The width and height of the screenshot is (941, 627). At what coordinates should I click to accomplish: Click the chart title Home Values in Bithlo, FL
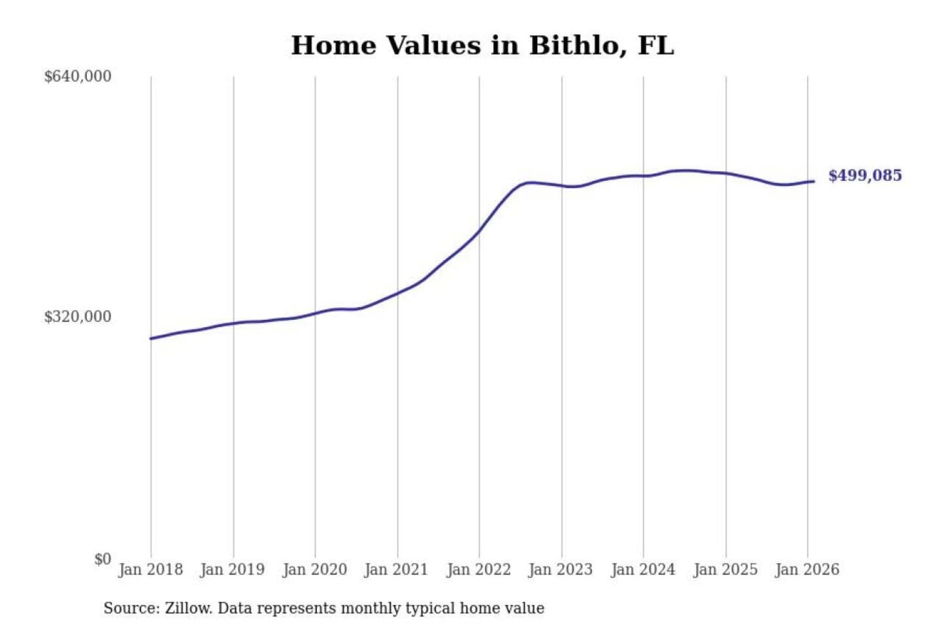pos(482,46)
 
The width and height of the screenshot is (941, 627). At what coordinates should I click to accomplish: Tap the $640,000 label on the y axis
pos(78,76)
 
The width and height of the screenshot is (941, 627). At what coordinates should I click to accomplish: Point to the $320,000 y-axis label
pos(78,317)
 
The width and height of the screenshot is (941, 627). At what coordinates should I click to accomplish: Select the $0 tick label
pos(103,559)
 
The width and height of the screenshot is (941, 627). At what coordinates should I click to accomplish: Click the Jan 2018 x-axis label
pos(150,570)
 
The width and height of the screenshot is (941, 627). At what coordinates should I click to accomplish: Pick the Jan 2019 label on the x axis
pos(233,570)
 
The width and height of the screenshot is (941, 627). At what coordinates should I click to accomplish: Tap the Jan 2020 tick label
pos(314,570)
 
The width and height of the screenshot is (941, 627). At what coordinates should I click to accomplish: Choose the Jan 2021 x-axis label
pos(396,570)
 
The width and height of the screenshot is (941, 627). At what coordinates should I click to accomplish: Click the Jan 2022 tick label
pos(478,570)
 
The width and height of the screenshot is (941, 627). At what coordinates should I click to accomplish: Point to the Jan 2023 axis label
pos(560,570)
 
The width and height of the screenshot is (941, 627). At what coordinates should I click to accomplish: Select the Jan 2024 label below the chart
pos(642,570)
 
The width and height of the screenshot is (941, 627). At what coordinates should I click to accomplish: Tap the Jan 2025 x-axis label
pos(725,570)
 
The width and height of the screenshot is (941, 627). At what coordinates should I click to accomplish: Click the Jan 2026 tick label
pos(807,570)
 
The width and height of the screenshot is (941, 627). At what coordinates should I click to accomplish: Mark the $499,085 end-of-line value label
pos(865,176)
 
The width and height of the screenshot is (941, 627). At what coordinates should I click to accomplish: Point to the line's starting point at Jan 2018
pos(151,338)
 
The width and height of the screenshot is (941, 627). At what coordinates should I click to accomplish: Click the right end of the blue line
pos(814,181)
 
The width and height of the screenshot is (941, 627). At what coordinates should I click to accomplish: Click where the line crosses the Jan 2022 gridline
pos(479,231)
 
